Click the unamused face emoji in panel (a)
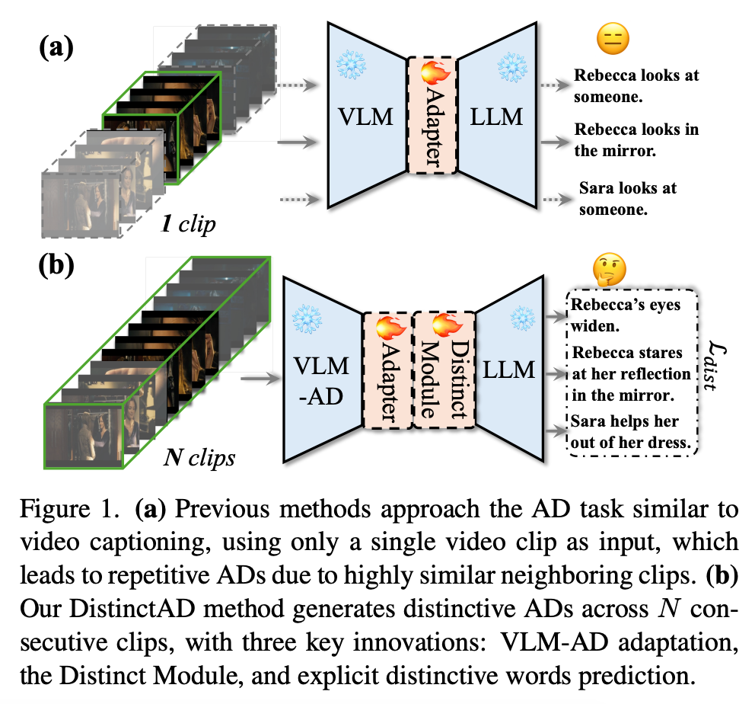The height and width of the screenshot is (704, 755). point(612,39)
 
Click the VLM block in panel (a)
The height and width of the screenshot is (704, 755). point(367,117)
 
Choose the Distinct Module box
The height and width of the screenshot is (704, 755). point(444,373)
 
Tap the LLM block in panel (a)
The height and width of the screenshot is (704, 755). point(499,117)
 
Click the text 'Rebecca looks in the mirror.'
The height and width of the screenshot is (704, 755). point(636,139)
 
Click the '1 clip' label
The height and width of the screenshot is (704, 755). point(186,226)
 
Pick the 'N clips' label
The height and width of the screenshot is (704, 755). point(200,459)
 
